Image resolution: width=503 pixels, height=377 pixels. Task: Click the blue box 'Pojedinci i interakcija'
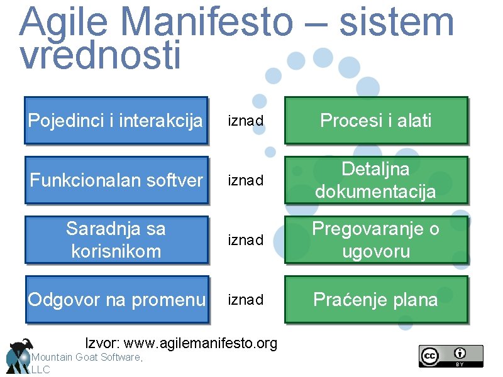pyautogui.click(x=116, y=120)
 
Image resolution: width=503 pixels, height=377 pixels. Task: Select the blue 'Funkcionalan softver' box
pyautogui.click(x=116, y=180)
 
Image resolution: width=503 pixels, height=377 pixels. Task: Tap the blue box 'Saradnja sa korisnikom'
pyautogui.click(x=116, y=239)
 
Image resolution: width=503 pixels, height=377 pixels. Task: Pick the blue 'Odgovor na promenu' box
pyautogui.click(x=116, y=300)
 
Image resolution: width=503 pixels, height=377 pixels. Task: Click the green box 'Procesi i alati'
pyautogui.click(x=376, y=120)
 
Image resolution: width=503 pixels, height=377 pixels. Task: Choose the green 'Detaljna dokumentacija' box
pyautogui.click(x=376, y=180)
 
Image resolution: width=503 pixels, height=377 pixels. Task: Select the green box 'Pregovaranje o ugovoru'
pyautogui.click(x=376, y=239)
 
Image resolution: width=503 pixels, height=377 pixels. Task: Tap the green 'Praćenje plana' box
pyautogui.click(x=376, y=300)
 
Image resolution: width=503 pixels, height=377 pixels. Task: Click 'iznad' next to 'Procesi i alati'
pyautogui.click(x=245, y=121)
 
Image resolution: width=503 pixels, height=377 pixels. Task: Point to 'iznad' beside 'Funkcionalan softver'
pyautogui.click(x=245, y=181)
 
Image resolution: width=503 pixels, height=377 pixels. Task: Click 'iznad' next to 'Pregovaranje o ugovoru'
pyautogui.click(x=245, y=240)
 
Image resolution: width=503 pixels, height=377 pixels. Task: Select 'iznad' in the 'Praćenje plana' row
pyautogui.click(x=245, y=300)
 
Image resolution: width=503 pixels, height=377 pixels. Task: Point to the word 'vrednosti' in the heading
pyautogui.click(x=101, y=55)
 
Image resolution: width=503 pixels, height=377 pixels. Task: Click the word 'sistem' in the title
pyautogui.click(x=396, y=22)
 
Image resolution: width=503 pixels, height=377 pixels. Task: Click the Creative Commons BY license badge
pyautogui.click(x=451, y=356)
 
